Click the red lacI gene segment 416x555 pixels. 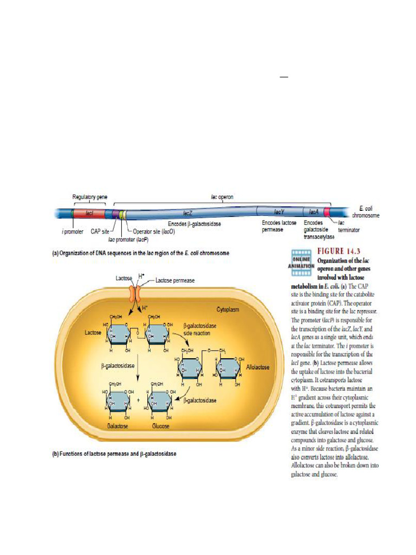point(89,214)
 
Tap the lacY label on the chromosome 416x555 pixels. point(278,212)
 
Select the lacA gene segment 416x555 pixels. point(314,212)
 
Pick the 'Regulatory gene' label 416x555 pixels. point(88,197)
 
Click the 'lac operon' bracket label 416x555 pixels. point(222,197)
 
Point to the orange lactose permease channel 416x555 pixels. point(134,293)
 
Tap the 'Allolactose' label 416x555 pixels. point(258,367)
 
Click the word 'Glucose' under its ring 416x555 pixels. point(161,427)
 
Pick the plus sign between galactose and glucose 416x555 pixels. point(138,401)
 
